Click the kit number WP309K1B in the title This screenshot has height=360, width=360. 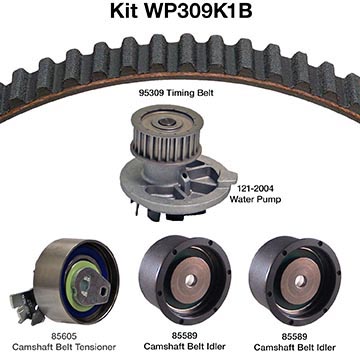tap(198, 11)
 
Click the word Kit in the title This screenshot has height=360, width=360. tap(124, 11)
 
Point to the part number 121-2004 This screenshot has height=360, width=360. tap(255, 189)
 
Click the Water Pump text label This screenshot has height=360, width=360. tap(255, 199)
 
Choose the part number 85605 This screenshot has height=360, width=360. tap(64, 336)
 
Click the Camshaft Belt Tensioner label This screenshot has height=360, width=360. tap(64, 347)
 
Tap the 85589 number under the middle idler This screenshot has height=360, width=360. tap(184, 335)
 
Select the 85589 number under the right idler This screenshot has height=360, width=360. tap(294, 336)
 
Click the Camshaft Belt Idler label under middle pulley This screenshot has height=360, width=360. tap(184, 346)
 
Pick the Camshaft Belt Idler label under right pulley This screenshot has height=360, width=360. tap(294, 347)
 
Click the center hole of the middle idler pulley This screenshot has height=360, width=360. tap(190, 280)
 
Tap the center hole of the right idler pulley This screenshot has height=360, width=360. tap(300, 280)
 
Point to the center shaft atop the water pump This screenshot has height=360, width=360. tap(166, 122)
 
